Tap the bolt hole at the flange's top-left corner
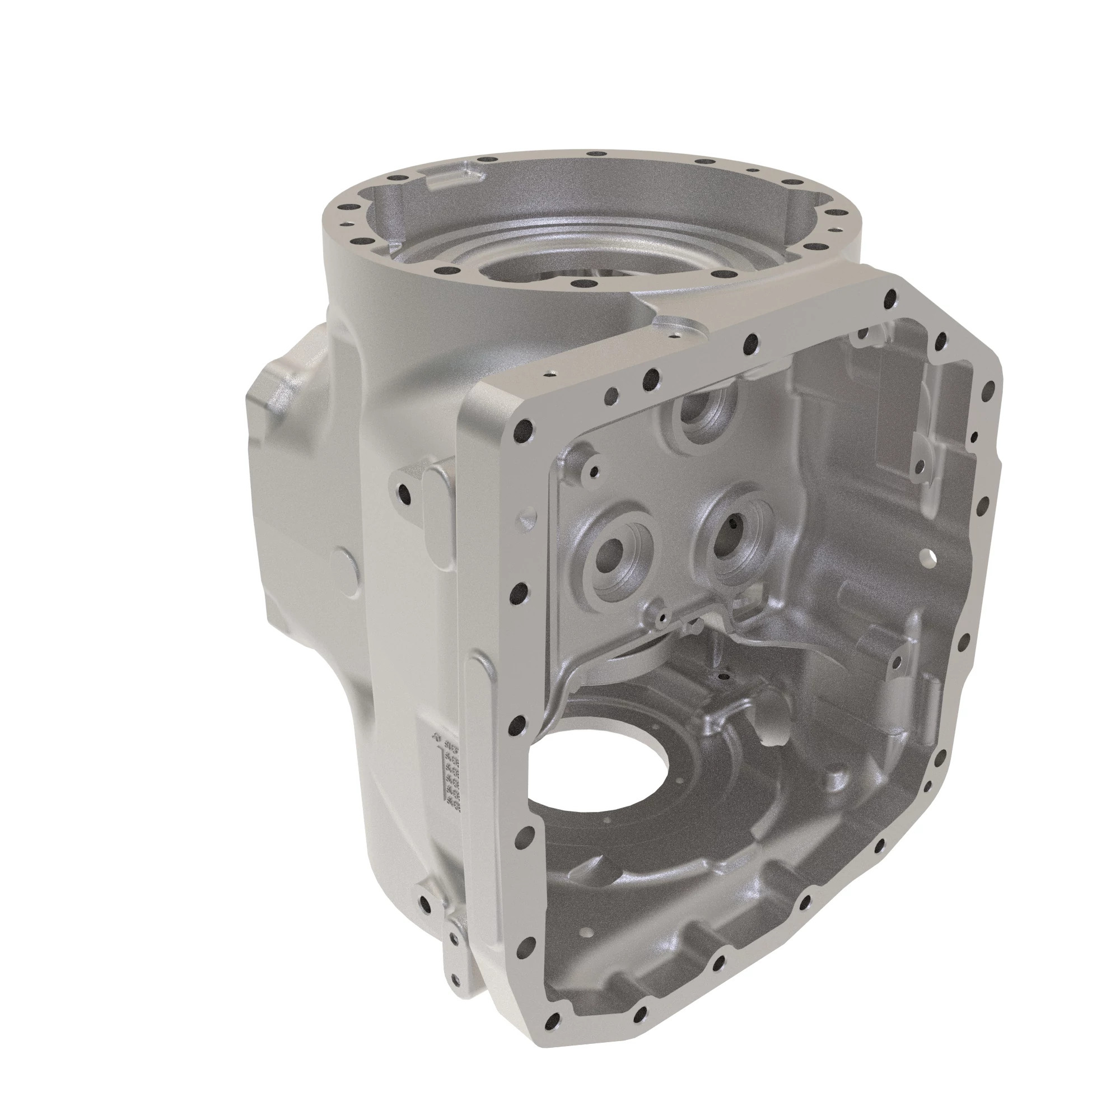(x=525, y=431)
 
